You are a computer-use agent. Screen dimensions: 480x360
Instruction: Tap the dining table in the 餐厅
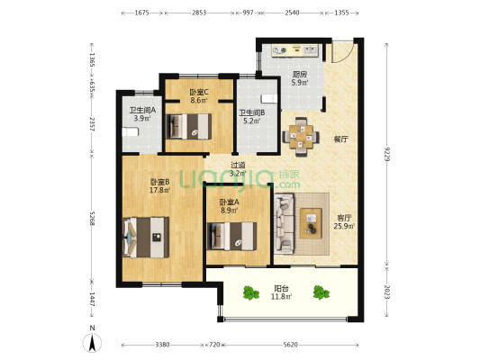click(x=301, y=137)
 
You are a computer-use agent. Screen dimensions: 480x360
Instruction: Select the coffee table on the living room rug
click(x=311, y=223)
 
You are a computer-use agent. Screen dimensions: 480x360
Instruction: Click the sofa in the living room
click(x=284, y=223)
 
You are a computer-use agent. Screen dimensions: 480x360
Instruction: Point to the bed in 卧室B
click(x=146, y=238)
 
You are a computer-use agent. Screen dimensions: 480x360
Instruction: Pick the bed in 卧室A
click(x=231, y=237)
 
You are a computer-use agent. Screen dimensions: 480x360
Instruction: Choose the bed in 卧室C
click(x=188, y=127)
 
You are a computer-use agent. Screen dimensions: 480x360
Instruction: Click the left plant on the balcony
click(x=251, y=292)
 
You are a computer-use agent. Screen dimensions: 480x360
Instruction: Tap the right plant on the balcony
click(x=322, y=292)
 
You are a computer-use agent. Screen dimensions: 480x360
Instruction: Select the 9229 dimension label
click(x=387, y=154)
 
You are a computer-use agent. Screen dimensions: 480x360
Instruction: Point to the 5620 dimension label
click(x=290, y=345)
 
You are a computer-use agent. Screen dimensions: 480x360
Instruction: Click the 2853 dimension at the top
click(x=199, y=13)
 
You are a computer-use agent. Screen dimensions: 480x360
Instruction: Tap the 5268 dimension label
click(x=92, y=218)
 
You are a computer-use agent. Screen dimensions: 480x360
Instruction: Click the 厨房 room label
click(x=300, y=75)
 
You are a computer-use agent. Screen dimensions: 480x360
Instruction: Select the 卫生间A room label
click(x=142, y=110)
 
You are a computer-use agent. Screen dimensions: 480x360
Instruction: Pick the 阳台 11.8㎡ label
click(x=281, y=292)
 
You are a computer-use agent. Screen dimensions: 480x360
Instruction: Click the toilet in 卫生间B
click(x=269, y=99)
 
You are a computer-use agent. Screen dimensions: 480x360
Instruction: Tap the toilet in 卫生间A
click(x=131, y=132)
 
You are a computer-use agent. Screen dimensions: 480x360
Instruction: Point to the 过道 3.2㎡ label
click(x=238, y=169)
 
